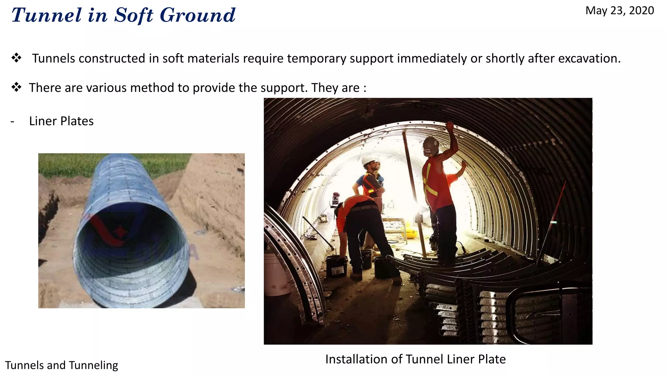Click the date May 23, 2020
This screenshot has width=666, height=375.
tap(619, 11)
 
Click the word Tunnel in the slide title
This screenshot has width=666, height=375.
tap(47, 15)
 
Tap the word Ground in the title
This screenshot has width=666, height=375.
tap(197, 15)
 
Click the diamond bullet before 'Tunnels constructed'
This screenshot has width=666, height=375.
tap(16, 58)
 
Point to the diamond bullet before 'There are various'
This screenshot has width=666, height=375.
tap(16, 87)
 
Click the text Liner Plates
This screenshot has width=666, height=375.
tap(61, 121)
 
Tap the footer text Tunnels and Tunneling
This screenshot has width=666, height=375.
tap(61, 365)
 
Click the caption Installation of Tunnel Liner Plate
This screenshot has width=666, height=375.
tap(415, 359)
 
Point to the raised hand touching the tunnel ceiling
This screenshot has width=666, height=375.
tap(450, 126)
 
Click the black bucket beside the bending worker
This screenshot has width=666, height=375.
tap(336, 265)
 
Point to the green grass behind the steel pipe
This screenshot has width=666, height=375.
tap(65, 164)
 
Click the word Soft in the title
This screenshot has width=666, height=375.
tap(133, 15)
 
